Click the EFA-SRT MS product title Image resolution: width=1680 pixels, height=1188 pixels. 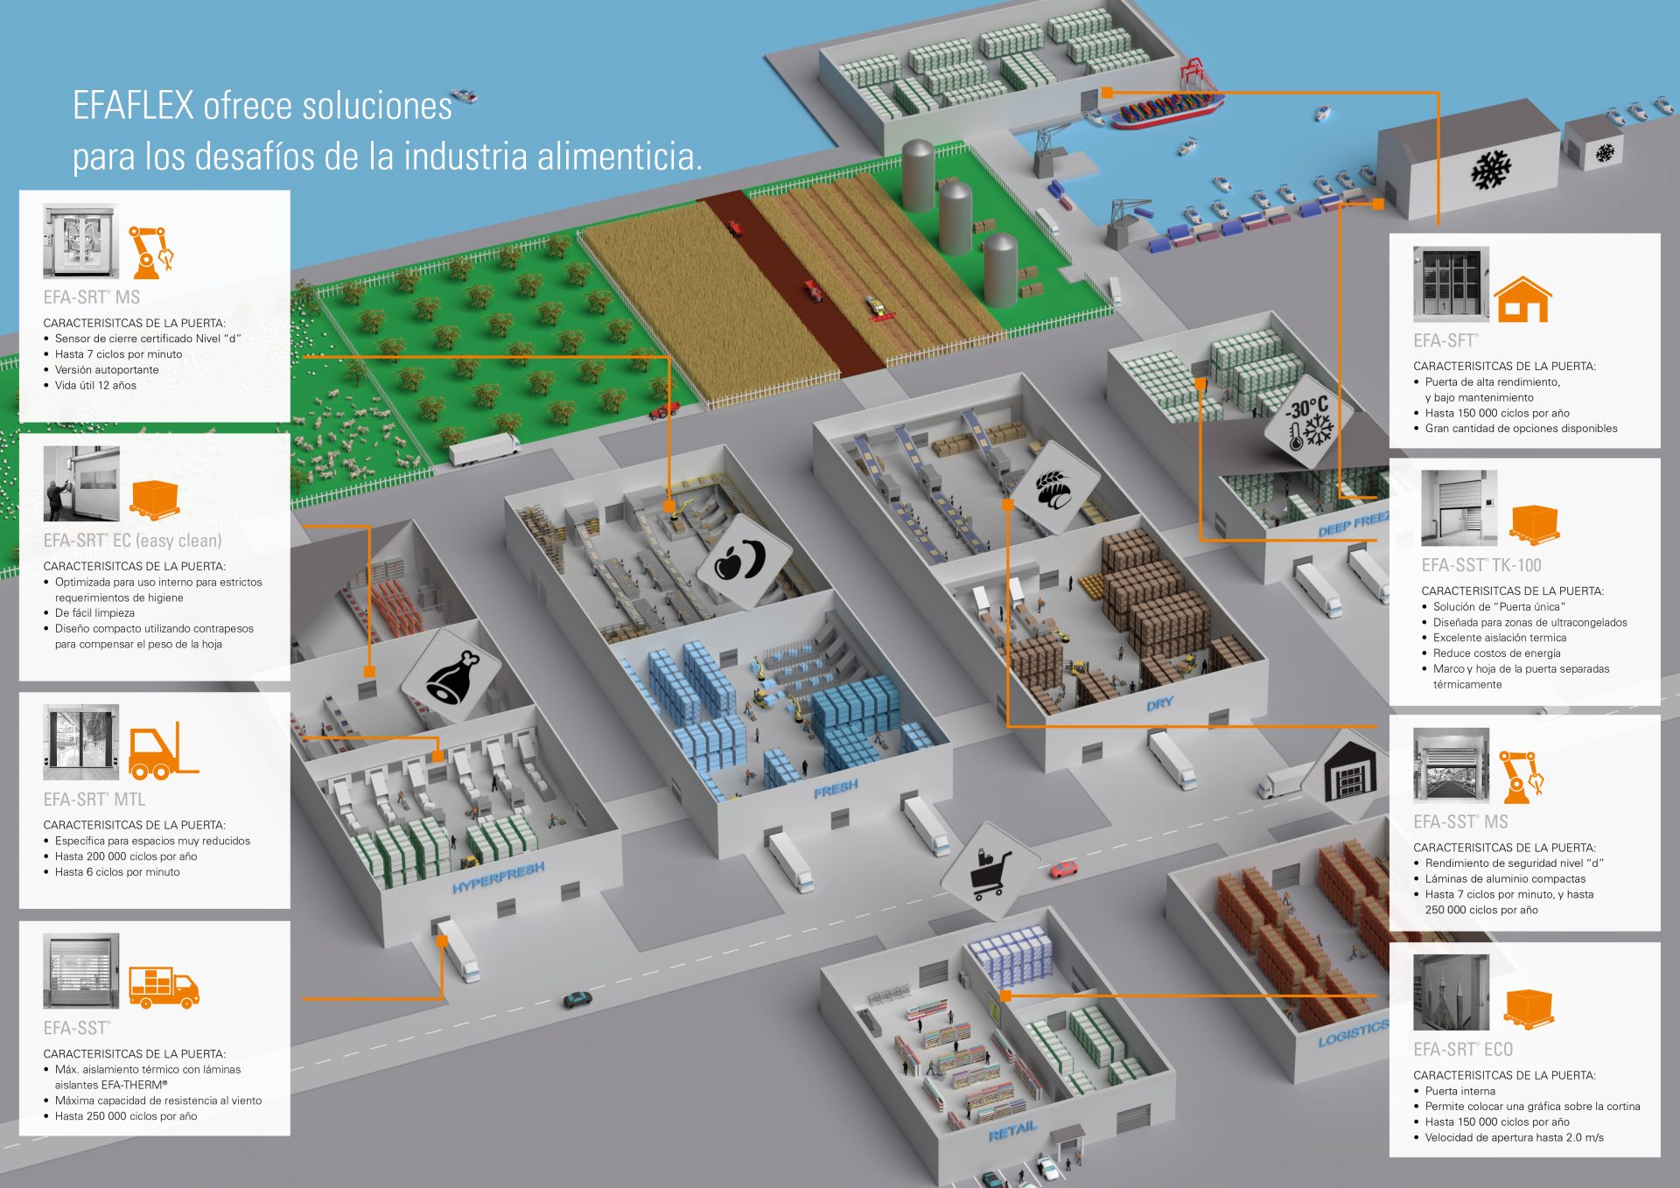[x=92, y=297]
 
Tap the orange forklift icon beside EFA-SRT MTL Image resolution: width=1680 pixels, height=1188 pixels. [x=164, y=751]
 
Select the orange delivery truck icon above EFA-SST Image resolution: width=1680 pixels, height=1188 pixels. [x=164, y=987]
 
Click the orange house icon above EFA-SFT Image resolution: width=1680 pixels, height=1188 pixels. [x=1522, y=299]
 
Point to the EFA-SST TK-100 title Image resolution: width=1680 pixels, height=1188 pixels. [x=1481, y=565]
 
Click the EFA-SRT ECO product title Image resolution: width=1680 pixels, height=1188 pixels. [x=1463, y=1049]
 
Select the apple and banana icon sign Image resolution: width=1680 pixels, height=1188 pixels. [x=743, y=560]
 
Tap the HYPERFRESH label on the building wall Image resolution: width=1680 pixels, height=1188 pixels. [x=499, y=877]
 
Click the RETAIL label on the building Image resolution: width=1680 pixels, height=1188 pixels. [x=1012, y=1131]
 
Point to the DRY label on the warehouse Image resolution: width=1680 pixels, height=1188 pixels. [x=1160, y=703]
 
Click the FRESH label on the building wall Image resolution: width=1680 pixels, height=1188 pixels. [x=836, y=789]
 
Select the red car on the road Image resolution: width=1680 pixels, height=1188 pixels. [x=1064, y=869]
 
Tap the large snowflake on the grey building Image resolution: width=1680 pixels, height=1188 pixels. [x=1491, y=170]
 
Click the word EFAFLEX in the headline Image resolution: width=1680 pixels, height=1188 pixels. [x=133, y=106]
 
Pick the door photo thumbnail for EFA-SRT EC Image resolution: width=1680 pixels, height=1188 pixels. [x=81, y=484]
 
